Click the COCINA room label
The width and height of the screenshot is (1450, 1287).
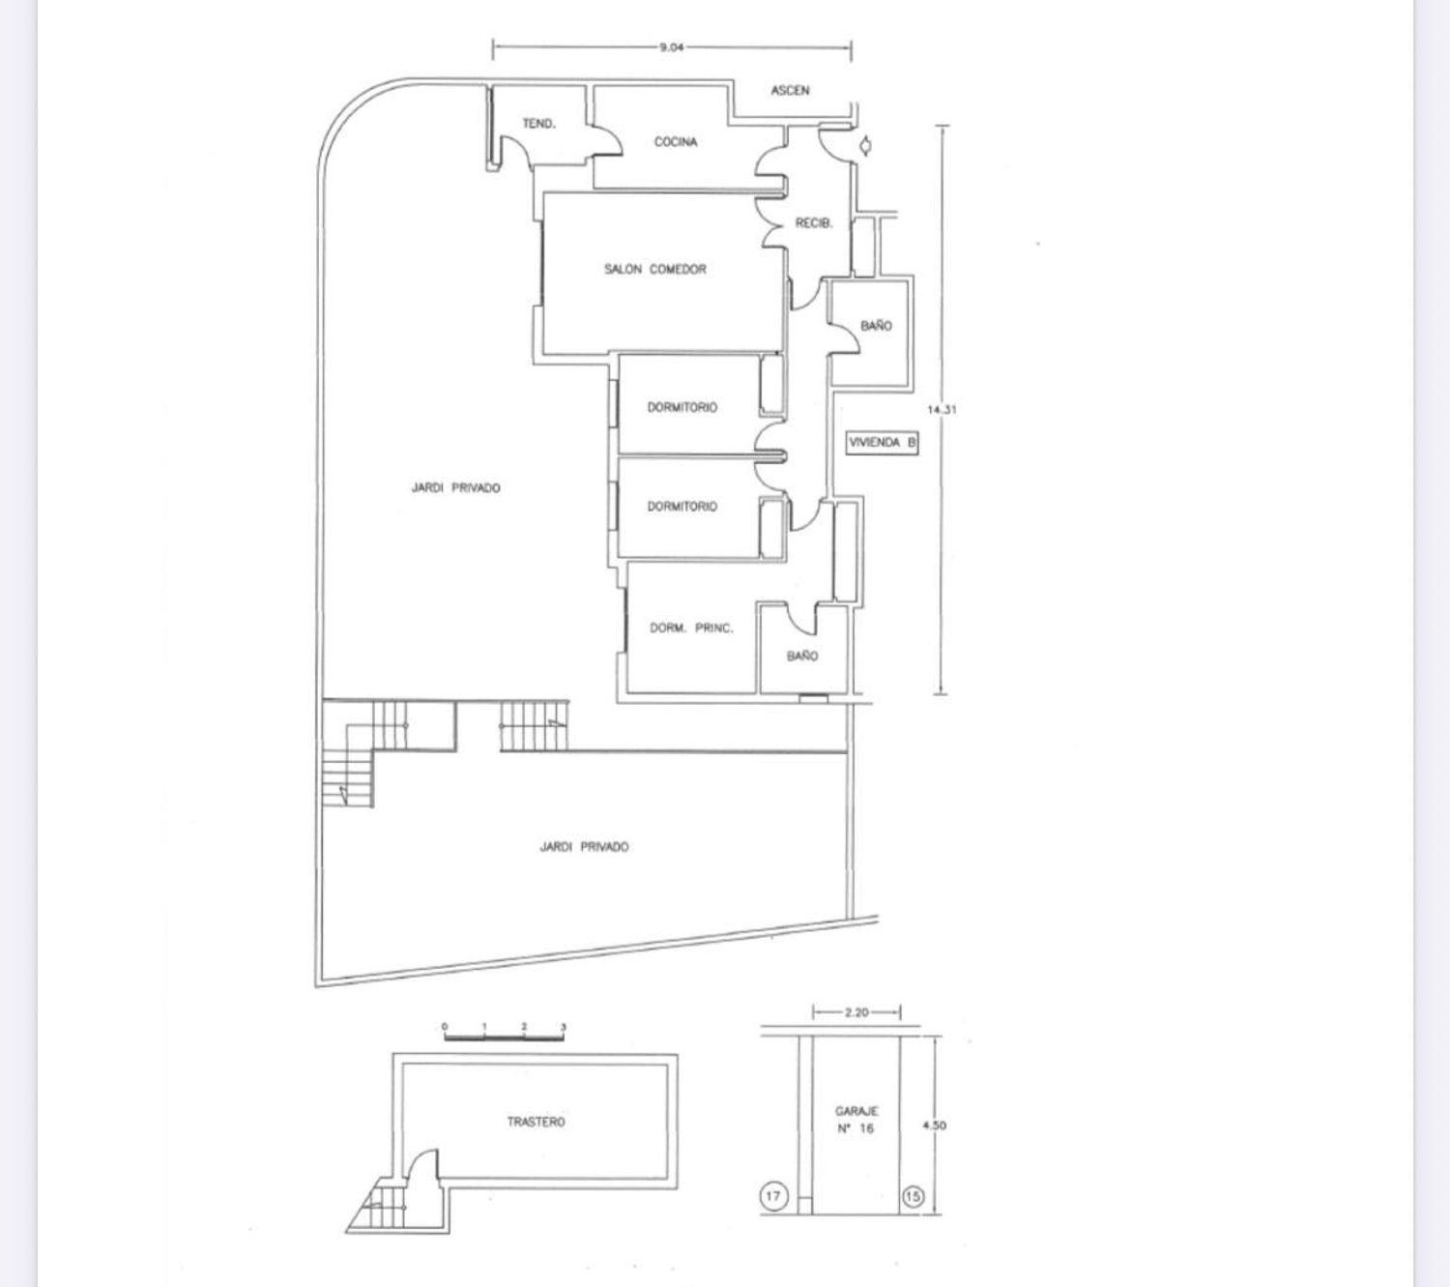(676, 142)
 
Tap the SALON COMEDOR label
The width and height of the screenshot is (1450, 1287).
(654, 269)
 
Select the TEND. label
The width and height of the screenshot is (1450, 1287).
(539, 124)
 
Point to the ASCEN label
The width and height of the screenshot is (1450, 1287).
(790, 90)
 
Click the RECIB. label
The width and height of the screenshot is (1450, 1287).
(814, 223)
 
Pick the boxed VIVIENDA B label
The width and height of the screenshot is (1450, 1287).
(883, 442)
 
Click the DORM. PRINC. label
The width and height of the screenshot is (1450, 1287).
(691, 629)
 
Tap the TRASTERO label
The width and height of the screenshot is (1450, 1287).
(536, 1122)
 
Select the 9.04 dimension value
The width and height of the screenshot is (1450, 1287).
(671, 48)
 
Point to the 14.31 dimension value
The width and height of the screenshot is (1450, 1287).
(942, 410)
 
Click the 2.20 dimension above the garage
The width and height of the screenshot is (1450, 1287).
(856, 1012)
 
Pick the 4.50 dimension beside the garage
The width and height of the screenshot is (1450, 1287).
(934, 1126)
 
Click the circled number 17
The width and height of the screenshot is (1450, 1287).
(773, 1195)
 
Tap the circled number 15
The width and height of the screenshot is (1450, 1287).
(913, 1196)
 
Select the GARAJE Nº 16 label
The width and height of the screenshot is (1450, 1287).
(855, 1120)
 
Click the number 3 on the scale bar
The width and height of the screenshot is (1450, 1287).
(564, 1027)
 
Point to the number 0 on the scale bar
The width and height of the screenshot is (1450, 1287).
(446, 1027)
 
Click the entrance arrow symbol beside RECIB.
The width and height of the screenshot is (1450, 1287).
(865, 146)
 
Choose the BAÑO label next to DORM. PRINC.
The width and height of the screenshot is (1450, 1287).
(802, 656)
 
